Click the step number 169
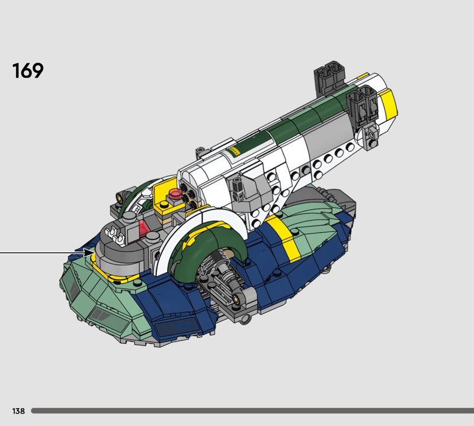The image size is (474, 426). coord(28,71)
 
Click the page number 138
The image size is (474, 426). coord(18,411)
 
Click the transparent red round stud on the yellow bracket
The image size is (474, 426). coord(175,193)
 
